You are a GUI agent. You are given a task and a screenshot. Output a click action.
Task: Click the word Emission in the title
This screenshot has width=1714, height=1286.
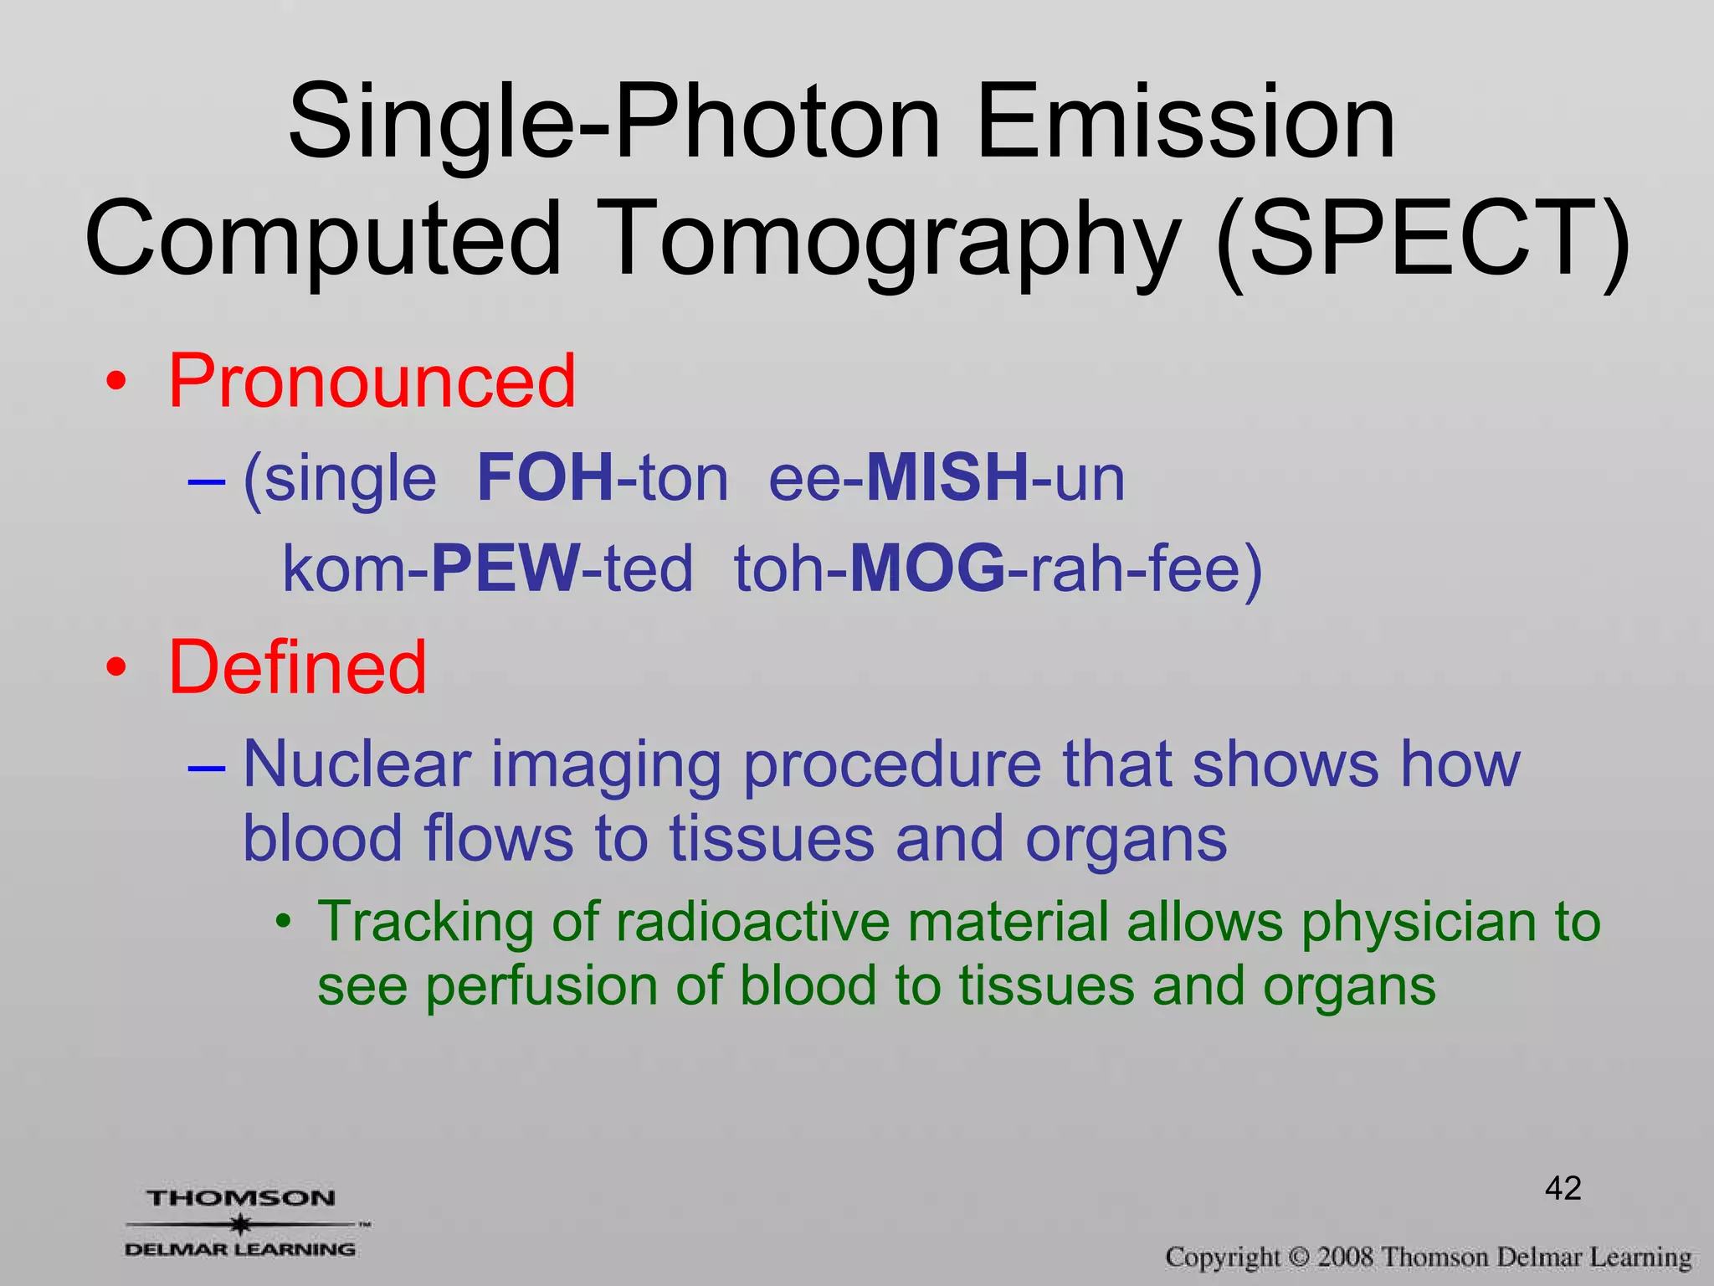tap(1185, 124)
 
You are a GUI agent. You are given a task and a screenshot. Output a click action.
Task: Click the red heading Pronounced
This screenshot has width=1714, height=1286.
tap(372, 382)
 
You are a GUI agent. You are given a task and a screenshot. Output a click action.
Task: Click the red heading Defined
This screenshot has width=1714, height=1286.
tap(297, 667)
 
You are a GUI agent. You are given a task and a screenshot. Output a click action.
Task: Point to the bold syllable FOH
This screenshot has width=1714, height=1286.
tap(546, 478)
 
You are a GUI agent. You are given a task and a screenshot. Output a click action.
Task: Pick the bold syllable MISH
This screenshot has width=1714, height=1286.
tap(947, 478)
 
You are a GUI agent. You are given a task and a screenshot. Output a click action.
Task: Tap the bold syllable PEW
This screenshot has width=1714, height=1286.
tap(505, 568)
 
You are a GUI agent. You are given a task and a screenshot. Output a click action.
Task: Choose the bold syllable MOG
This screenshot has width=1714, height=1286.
tap(927, 568)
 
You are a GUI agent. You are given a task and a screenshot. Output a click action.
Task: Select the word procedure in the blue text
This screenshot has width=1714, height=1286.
tap(892, 765)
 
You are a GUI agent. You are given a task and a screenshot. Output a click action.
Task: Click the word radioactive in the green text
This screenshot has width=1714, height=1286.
tap(753, 923)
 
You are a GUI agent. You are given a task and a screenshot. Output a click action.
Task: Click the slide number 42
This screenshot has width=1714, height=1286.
tap(1563, 1188)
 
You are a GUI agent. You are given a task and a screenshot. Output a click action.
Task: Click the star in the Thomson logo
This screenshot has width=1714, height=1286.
tap(241, 1225)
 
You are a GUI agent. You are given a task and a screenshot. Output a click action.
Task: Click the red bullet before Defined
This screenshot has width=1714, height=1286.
tap(116, 668)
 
